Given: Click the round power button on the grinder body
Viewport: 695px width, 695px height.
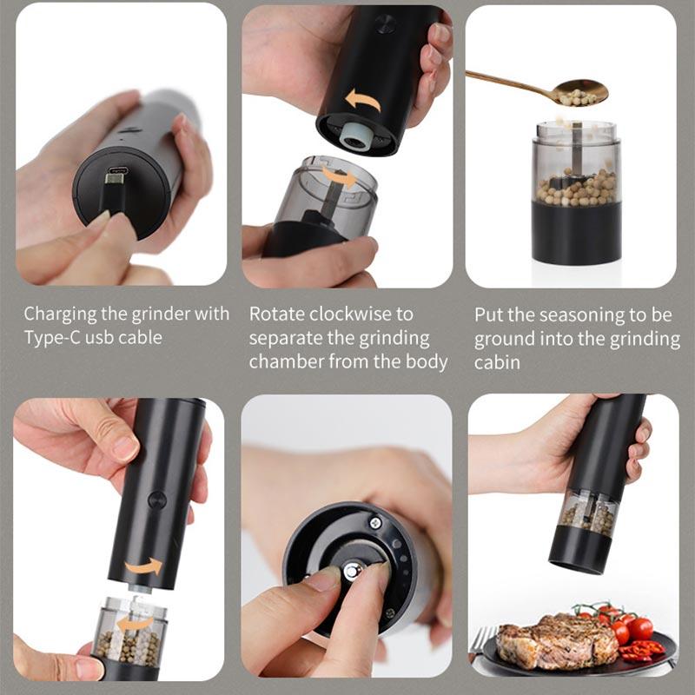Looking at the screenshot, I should click(157, 500).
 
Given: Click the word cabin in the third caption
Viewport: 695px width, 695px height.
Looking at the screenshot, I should click(498, 362).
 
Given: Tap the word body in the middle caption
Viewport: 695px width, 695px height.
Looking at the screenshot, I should click(427, 361).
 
